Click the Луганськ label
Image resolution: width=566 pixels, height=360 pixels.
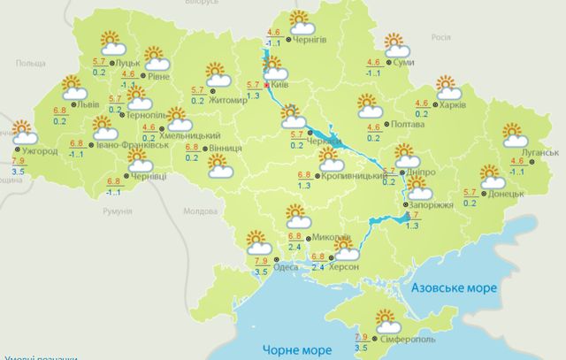click(539, 152)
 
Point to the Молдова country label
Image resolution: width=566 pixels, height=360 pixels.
click(198, 212)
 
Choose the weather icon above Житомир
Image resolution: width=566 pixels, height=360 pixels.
click(216, 73)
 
